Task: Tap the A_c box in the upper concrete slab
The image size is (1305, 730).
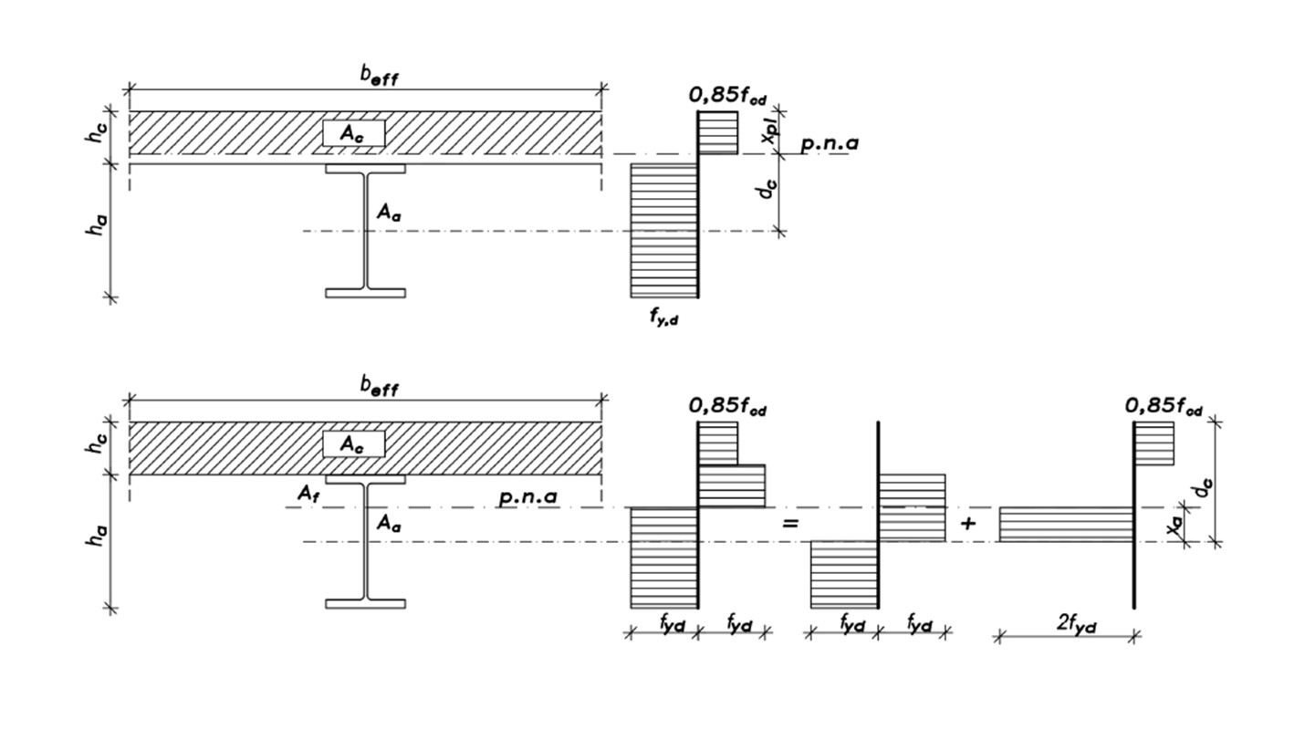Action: pos(354,133)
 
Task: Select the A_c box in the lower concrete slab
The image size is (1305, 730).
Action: pos(354,444)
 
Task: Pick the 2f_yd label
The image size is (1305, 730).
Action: pos(1077,624)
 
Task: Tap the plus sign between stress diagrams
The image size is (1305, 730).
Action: pos(967,523)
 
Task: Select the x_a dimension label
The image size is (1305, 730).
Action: pos(1175,527)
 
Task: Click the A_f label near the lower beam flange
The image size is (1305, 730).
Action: pos(308,494)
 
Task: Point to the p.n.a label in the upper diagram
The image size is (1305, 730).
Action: pos(830,143)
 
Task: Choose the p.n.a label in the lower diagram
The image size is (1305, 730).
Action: pos(527,497)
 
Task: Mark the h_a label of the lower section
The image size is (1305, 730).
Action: pos(96,535)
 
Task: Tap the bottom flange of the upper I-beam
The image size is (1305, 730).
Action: pos(365,293)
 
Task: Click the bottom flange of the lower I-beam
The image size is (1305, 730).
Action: pos(365,604)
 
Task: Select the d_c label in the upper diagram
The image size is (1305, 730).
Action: pos(769,188)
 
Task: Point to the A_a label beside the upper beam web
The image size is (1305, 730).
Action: pos(389,212)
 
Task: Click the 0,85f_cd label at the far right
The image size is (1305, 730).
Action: pos(1163,407)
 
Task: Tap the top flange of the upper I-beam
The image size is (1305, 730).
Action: pos(365,169)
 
